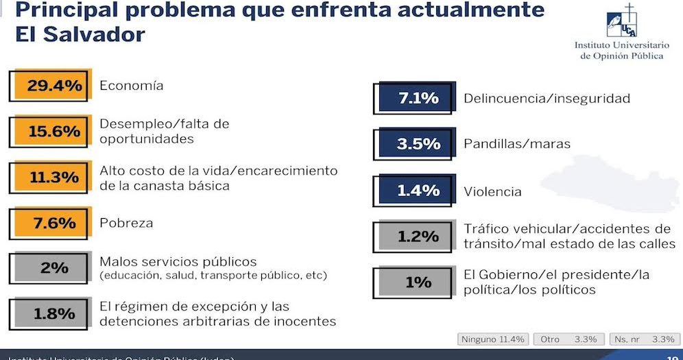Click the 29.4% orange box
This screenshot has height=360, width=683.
coord(53,86)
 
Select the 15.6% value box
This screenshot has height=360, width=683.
coord(53,131)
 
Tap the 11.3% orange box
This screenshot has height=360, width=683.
coord(53,177)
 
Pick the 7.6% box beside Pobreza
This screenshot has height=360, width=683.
coord(53,223)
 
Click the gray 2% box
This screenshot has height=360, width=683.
coord(53,268)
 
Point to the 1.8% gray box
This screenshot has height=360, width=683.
coord(53,314)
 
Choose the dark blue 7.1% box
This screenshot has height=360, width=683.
coord(418,99)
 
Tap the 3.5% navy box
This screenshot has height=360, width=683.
coord(418,144)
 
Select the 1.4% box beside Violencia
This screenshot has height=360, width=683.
coord(418,191)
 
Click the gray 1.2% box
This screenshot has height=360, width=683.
coord(418,237)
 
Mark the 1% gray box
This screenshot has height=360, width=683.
coord(418,282)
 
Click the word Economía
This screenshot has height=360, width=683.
coord(132,86)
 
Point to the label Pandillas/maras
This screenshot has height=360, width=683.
coord(517,144)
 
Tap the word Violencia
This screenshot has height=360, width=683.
coord(492,191)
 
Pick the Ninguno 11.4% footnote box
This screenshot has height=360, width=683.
coord(493,339)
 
